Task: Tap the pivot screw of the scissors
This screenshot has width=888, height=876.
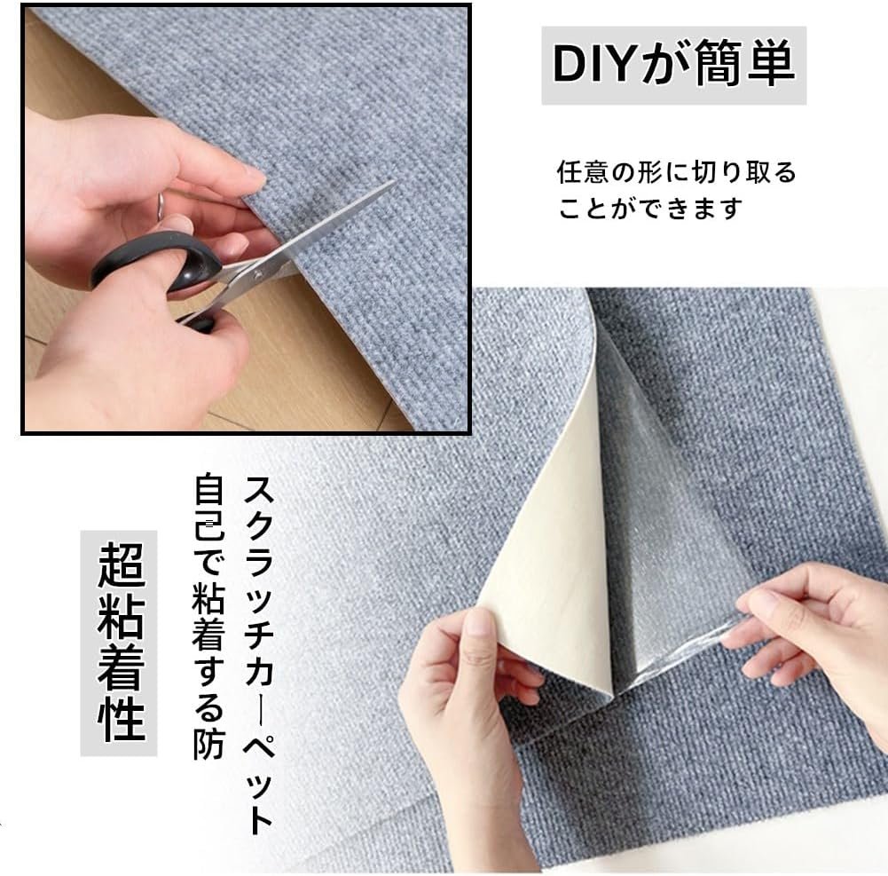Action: point(257,275)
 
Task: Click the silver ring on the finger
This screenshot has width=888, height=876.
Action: point(160,204)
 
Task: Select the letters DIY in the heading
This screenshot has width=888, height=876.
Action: point(594,65)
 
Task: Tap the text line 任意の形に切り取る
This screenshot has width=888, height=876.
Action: point(676,171)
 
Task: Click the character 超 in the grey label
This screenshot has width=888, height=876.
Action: point(120,565)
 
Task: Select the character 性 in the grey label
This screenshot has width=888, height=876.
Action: point(120,717)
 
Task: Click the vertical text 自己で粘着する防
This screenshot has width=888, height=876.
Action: point(208,616)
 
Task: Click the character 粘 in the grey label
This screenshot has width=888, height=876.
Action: point(120,616)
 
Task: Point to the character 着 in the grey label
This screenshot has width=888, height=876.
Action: point(120,667)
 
